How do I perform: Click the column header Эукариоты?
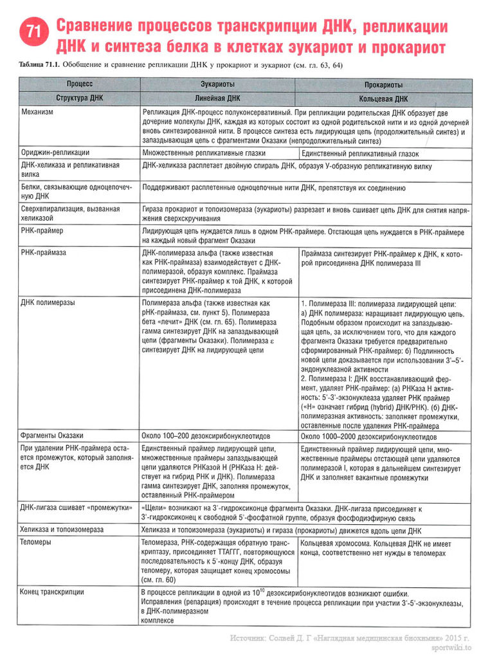(x=217, y=84)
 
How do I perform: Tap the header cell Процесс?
(x=79, y=84)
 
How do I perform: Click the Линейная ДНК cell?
(x=217, y=98)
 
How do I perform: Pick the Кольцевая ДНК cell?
(x=383, y=99)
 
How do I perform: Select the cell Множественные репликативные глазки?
(x=204, y=153)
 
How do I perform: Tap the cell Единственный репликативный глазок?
(x=360, y=154)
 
